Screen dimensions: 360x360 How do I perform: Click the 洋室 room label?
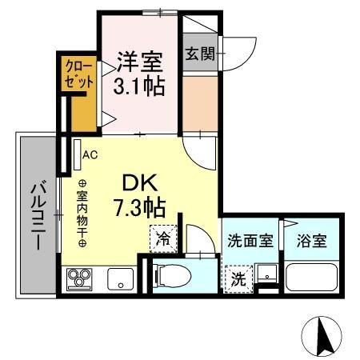tap(140, 60)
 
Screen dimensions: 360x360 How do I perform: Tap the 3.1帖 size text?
tap(140, 84)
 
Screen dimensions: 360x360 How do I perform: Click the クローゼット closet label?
tap(78, 73)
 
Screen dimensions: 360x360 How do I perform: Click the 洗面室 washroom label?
tap(250, 240)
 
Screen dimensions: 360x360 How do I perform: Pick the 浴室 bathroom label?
tap(309, 240)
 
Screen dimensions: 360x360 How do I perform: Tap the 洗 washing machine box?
tap(238, 279)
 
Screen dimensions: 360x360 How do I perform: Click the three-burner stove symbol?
tap(80, 279)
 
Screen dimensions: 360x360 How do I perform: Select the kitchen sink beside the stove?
tap(121, 280)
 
